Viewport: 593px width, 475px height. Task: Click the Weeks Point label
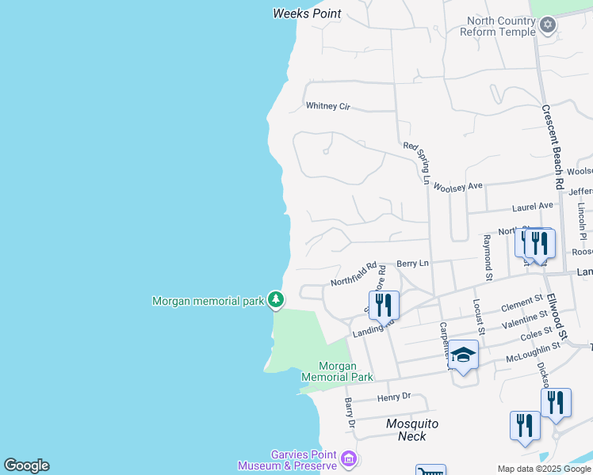click(307, 13)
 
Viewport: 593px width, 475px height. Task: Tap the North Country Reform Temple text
click(501, 26)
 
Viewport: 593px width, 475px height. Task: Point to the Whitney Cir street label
click(327, 106)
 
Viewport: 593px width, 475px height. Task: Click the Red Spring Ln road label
click(416, 163)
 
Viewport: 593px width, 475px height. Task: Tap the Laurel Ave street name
click(534, 206)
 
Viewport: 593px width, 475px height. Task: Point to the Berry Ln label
click(412, 263)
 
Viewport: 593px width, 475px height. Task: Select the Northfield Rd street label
click(354, 273)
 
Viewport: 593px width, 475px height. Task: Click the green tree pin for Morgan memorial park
click(275, 299)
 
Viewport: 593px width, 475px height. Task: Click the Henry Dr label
click(394, 396)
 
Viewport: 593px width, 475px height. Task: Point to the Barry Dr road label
click(349, 414)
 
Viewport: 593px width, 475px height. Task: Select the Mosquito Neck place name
click(411, 430)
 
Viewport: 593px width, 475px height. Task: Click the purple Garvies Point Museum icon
click(347, 458)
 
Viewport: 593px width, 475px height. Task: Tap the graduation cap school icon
click(464, 354)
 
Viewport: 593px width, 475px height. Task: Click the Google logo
click(26, 465)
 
